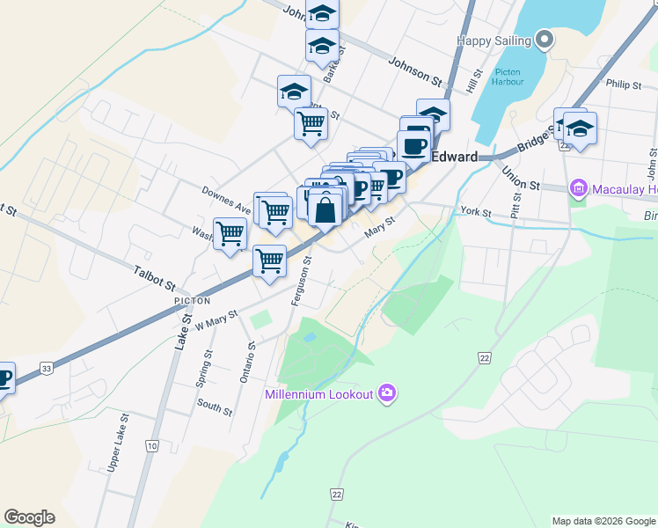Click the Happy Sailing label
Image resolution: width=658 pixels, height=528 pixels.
[x=494, y=40]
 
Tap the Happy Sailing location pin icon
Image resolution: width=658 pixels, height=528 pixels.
[x=545, y=40]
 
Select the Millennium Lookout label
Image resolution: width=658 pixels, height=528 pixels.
[x=319, y=393]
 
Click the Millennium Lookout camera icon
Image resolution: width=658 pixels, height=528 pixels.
[x=386, y=392]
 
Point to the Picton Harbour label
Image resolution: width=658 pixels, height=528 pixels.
[x=508, y=77]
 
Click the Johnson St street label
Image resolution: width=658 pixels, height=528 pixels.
[x=415, y=71]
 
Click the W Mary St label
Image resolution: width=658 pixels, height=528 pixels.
[x=216, y=319]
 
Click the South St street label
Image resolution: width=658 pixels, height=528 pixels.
[x=215, y=407]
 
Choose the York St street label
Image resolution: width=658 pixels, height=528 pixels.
[x=474, y=212]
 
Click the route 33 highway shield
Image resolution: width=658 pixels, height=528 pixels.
[x=47, y=369]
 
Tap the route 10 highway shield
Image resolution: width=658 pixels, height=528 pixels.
[x=153, y=446]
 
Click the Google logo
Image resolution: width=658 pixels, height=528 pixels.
[x=29, y=517]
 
